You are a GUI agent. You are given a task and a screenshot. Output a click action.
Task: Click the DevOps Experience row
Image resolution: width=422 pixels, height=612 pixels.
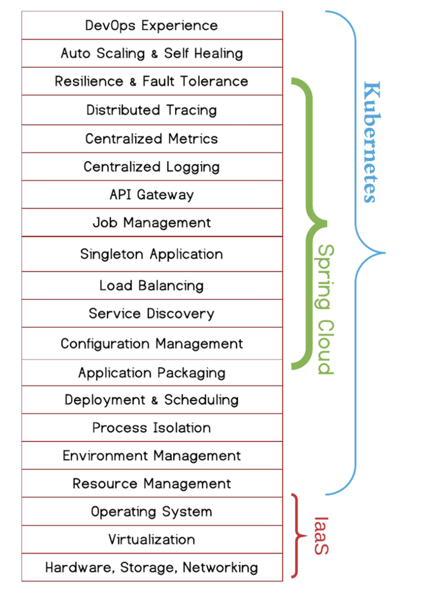click(x=152, y=25)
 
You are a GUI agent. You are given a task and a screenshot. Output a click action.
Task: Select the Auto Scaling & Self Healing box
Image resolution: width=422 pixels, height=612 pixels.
click(x=152, y=53)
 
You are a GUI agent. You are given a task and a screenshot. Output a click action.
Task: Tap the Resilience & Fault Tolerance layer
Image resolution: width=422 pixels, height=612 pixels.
click(x=152, y=81)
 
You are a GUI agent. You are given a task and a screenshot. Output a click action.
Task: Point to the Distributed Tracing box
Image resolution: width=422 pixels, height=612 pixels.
click(x=152, y=110)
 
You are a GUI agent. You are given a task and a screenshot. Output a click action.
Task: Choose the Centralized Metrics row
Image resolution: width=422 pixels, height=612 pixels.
click(x=152, y=139)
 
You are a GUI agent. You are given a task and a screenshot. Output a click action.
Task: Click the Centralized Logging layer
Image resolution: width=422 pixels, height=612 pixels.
click(x=152, y=167)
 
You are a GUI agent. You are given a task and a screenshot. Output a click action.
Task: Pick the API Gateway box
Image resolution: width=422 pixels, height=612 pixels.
click(x=152, y=195)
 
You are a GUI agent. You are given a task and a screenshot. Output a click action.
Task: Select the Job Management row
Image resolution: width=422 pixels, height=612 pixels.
click(x=152, y=223)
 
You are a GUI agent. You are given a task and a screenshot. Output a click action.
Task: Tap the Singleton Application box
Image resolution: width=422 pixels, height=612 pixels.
click(x=152, y=254)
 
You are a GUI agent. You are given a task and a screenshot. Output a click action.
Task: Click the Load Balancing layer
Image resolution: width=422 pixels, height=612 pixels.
click(x=152, y=286)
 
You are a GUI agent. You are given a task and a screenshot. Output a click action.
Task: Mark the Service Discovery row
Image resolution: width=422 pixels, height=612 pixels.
click(x=152, y=314)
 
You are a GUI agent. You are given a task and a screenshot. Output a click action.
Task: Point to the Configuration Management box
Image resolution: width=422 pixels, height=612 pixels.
click(x=152, y=344)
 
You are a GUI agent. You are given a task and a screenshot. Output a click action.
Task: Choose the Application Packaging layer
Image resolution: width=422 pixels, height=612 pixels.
click(x=152, y=373)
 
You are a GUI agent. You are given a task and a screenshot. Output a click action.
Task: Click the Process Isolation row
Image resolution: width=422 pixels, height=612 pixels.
click(x=152, y=428)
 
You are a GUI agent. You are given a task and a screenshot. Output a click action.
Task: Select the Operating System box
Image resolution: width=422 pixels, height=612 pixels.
click(x=152, y=511)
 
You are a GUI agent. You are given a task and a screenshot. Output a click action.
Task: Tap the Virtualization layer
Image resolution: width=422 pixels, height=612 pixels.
click(x=152, y=540)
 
